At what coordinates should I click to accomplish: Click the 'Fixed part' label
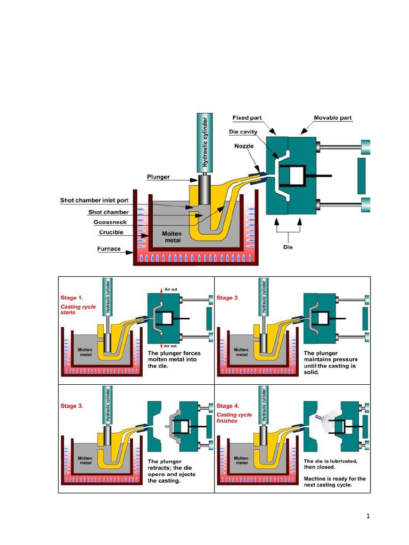tap(247, 118)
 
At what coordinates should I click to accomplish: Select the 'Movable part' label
tap(332, 118)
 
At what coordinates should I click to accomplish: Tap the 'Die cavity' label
tap(243, 131)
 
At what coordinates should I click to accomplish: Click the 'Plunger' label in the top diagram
tap(158, 177)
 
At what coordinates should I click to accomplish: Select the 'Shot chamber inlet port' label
tap(94, 201)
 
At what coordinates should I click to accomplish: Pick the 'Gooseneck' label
tap(110, 222)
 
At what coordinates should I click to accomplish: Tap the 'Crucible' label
tap(111, 233)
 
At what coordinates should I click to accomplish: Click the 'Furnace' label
tap(109, 249)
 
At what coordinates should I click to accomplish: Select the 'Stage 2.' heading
tap(228, 298)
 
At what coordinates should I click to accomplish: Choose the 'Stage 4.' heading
tap(228, 406)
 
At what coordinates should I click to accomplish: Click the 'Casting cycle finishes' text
tap(234, 417)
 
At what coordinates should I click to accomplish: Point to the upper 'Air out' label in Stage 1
tap(170, 290)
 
